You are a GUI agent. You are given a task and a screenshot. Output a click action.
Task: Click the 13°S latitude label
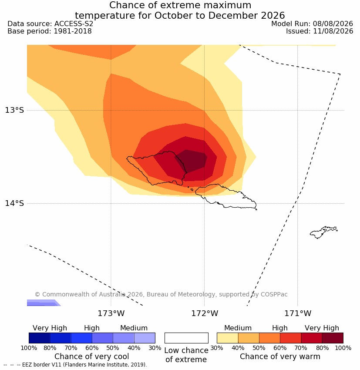(x=14, y=110)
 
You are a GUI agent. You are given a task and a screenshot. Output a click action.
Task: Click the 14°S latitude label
(x=14, y=203)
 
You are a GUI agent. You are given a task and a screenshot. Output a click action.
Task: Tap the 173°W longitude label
(x=111, y=313)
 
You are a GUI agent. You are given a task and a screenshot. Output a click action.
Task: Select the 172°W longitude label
(x=205, y=313)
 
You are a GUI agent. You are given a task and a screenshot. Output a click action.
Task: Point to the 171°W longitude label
(x=298, y=313)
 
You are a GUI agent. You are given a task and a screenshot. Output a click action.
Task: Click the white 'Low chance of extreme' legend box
(x=186, y=338)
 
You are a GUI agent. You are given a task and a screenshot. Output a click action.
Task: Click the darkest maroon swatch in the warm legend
(x=333, y=338)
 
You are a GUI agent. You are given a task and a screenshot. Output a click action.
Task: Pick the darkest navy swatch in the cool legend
(x=40, y=338)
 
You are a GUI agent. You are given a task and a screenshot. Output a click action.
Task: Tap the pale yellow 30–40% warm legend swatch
(x=227, y=338)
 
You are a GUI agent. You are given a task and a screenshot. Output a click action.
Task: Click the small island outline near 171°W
(x=323, y=232)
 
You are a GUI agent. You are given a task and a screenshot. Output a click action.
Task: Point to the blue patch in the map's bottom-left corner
(x=43, y=303)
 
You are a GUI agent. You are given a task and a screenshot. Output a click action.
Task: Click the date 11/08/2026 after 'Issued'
(x=333, y=31)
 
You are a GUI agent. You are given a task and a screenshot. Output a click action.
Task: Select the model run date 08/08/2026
(x=333, y=24)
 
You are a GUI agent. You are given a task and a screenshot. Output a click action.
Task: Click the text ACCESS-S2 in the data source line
(x=74, y=24)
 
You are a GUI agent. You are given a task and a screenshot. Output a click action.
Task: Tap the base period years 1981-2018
(x=73, y=31)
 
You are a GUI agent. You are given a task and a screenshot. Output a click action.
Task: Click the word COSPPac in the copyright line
(x=274, y=294)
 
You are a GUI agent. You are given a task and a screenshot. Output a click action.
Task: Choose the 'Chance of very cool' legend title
(x=92, y=357)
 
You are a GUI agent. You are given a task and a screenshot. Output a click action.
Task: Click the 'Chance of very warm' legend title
(x=280, y=357)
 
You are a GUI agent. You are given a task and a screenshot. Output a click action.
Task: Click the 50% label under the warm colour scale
(x=259, y=348)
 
